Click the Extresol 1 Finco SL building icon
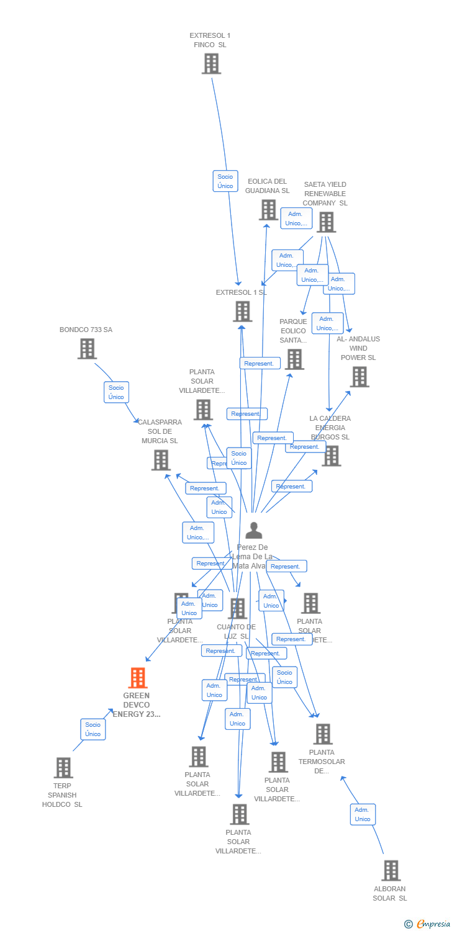211,63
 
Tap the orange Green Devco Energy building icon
138,678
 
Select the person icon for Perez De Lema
253,531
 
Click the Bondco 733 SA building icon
87,349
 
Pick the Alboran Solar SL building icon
391,870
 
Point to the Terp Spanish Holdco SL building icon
63,768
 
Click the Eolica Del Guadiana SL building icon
268,210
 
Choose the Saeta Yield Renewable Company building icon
326,222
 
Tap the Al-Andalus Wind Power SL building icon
359,377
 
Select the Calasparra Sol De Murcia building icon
161,460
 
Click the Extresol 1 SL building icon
242,312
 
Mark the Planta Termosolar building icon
322,734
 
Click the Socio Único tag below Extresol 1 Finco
225,181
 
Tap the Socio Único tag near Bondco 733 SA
116,392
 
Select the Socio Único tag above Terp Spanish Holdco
93,729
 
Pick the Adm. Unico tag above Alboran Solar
363,814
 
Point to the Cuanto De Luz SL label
236,631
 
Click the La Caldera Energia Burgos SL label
330,428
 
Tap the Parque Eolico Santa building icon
294,359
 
